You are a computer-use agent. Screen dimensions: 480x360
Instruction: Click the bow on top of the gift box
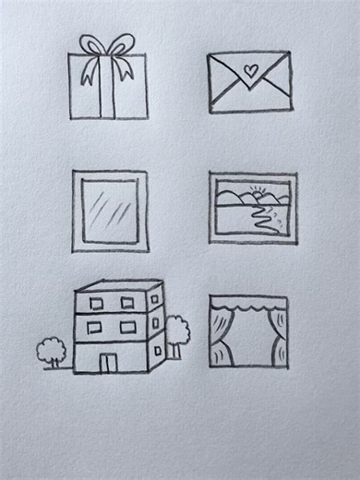click(106, 46)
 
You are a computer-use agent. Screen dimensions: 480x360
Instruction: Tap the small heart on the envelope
click(249, 68)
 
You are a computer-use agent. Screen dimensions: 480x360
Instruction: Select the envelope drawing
click(249, 82)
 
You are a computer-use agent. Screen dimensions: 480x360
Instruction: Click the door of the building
click(109, 361)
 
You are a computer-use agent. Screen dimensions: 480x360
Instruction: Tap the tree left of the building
click(51, 351)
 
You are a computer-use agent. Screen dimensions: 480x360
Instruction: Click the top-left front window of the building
click(96, 303)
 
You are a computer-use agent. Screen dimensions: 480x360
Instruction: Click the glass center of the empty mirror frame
click(109, 210)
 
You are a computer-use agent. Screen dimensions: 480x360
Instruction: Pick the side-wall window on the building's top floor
click(156, 298)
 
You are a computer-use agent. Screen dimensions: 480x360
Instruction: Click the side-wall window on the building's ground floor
click(157, 350)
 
